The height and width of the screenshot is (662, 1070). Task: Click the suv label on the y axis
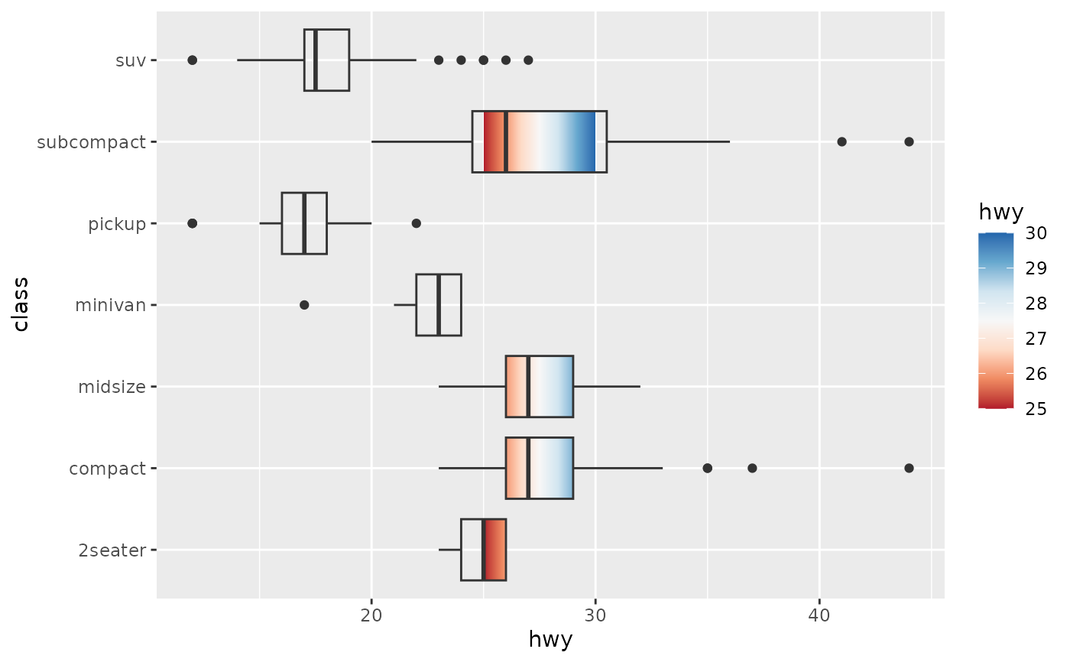(131, 60)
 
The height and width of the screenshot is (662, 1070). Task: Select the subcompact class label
(91, 141)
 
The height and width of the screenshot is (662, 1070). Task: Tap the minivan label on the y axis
(110, 305)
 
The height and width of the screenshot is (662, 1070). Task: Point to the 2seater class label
(112, 550)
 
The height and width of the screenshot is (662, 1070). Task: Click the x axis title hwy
(550, 640)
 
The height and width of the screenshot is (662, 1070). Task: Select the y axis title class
(21, 304)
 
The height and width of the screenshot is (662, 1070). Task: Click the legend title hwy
(1000, 210)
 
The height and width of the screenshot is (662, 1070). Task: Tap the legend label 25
(1036, 409)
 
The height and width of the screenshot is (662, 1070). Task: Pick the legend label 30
(1036, 234)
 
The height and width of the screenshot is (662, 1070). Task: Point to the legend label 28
(1036, 304)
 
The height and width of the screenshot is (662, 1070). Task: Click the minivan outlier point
(304, 305)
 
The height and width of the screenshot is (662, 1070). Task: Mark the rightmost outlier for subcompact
(909, 141)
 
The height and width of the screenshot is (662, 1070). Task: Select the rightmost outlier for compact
(909, 468)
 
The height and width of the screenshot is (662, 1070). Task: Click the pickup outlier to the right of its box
(416, 223)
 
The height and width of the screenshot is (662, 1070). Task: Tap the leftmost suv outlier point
(193, 60)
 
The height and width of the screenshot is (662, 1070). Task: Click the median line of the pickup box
(304, 223)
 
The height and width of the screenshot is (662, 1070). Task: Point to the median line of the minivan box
(438, 305)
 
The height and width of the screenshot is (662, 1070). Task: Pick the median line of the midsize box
(528, 387)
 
